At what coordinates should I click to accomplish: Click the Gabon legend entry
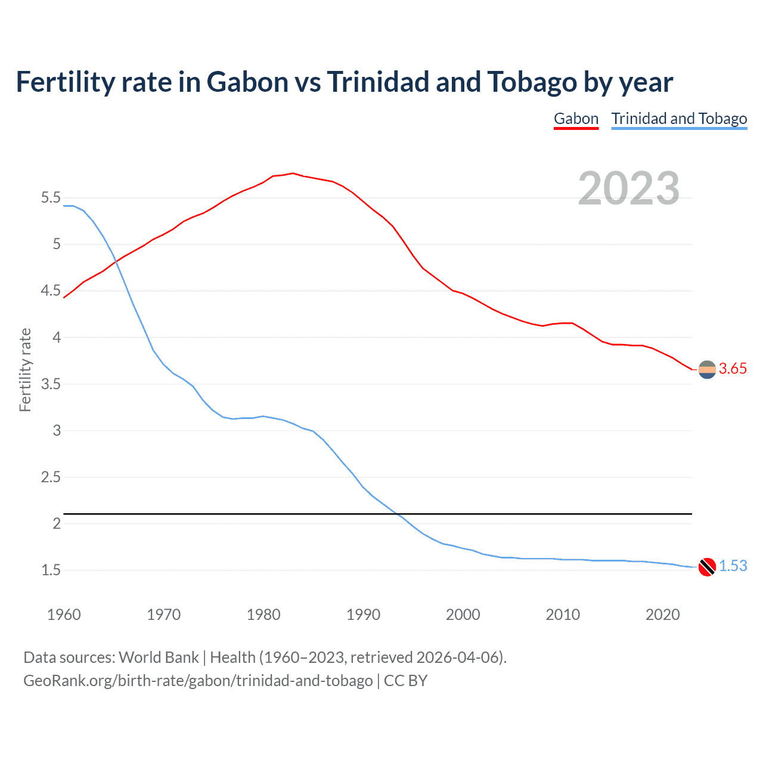(x=576, y=119)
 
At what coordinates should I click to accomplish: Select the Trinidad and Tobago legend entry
(x=679, y=119)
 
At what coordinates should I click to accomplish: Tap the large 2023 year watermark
(x=628, y=188)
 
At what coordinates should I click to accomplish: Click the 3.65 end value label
(x=733, y=369)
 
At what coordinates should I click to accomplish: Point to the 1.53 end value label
(x=733, y=566)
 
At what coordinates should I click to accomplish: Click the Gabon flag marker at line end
(x=707, y=370)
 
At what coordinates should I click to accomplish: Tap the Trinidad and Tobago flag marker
(x=707, y=567)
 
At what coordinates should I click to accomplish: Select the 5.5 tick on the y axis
(x=51, y=198)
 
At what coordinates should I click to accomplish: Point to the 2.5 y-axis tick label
(x=51, y=477)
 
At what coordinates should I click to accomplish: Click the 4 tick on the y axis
(x=57, y=338)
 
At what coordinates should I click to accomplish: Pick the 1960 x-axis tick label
(x=64, y=615)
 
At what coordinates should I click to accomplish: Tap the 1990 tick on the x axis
(x=363, y=615)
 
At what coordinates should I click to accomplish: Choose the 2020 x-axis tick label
(x=662, y=615)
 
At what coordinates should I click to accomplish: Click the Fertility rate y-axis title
(x=25, y=370)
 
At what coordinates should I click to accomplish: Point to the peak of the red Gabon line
(x=292, y=173)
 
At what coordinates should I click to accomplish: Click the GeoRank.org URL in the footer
(x=198, y=681)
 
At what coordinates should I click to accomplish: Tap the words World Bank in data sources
(x=159, y=657)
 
